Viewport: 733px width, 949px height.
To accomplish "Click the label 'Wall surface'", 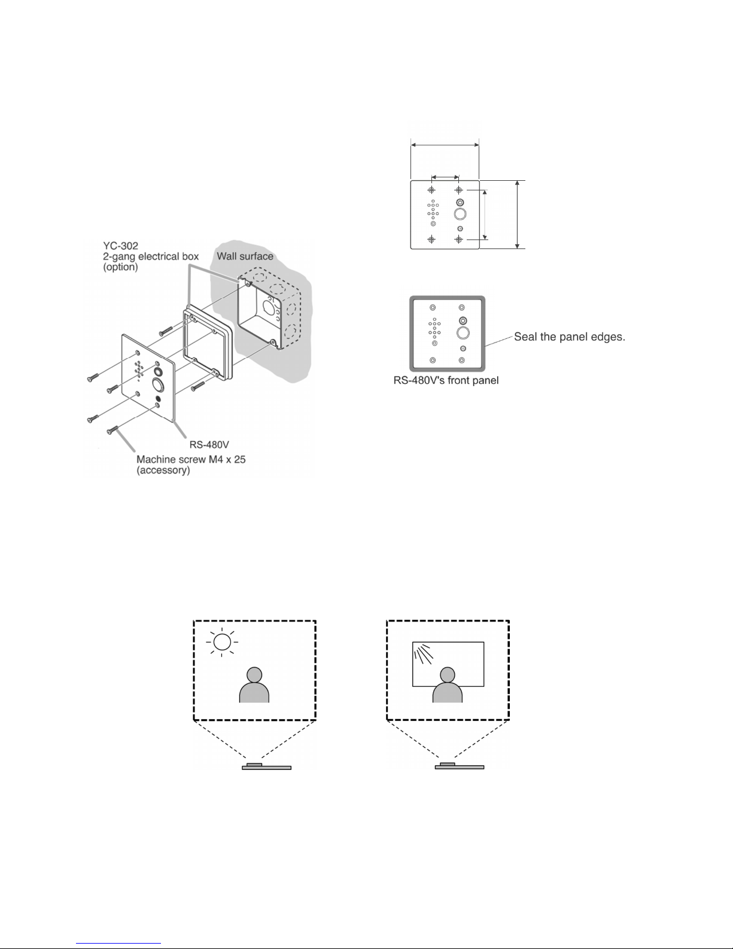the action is click(245, 256).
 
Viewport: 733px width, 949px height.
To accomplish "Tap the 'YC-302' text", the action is click(120, 246).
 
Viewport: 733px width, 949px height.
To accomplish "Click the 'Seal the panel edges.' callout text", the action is click(569, 337).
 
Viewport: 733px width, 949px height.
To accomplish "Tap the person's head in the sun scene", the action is click(254, 675).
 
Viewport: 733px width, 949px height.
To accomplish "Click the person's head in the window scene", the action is click(448, 675).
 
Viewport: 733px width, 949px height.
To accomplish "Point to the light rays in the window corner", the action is click(423, 655).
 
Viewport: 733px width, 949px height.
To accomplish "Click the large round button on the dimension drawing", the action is click(460, 214).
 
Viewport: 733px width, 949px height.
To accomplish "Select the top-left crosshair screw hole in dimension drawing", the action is click(431, 190).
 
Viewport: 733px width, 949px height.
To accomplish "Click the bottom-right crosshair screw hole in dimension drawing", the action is click(459, 239).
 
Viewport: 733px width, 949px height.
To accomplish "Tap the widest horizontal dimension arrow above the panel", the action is click(445, 144).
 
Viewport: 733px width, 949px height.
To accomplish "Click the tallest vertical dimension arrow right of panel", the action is click(518, 214).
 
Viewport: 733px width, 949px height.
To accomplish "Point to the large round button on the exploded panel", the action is click(157, 384).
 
